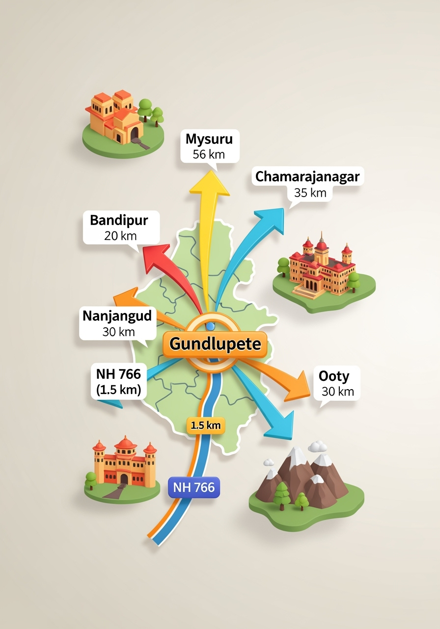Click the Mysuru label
tap(209, 139)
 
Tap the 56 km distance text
tap(209, 154)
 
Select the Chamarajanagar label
tap(307, 177)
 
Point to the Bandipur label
tap(119, 220)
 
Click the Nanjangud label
tap(117, 315)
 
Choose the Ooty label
tap(334, 376)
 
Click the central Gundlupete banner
tap(215, 343)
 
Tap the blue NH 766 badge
tap(194, 487)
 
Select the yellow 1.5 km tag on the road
tap(205, 426)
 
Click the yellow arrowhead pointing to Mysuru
tap(210, 184)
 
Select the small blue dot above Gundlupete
tap(211, 326)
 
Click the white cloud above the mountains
tap(318, 446)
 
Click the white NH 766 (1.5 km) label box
tap(118, 382)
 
